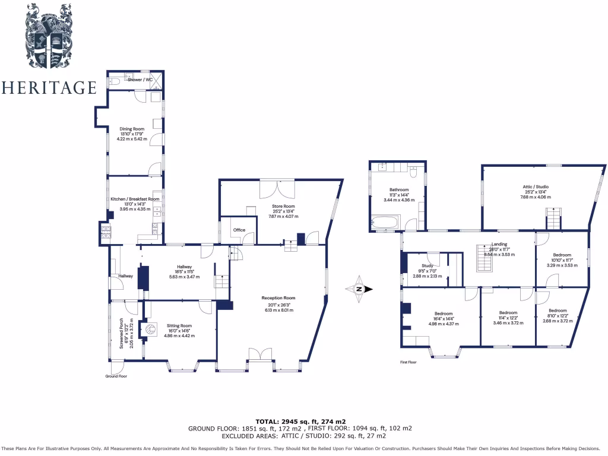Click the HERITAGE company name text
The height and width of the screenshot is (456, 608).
[x=49, y=88]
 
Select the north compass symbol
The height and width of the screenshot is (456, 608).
[x=359, y=289]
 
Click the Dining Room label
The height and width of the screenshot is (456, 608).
[x=132, y=129]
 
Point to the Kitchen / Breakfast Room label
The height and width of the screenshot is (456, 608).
[x=135, y=199]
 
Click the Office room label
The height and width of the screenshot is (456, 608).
[x=239, y=230]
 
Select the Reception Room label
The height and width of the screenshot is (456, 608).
[x=278, y=298]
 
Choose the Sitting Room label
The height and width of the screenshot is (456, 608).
[x=179, y=325]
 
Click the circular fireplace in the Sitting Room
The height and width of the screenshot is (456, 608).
[x=151, y=328]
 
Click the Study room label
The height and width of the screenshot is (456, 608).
[x=427, y=266]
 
